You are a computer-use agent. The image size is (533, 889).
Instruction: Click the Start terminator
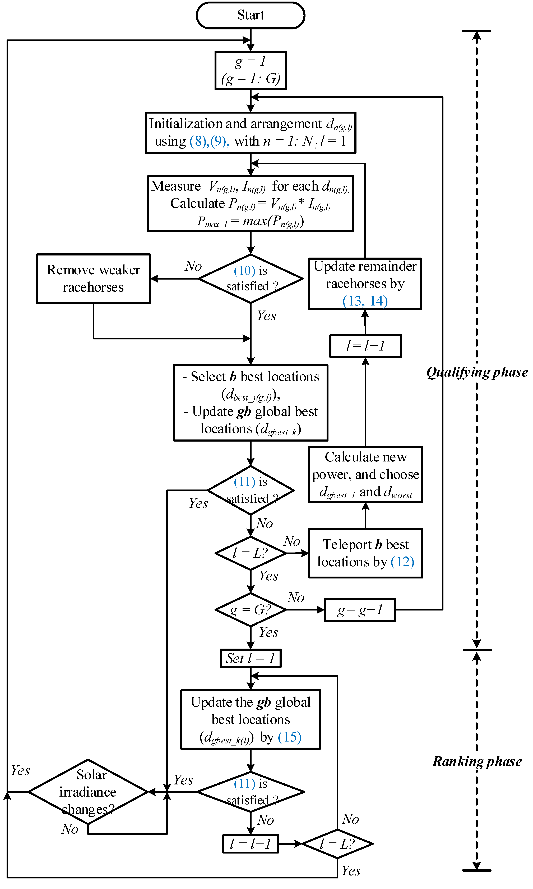250,15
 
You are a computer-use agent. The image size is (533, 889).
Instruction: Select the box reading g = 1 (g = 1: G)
250,70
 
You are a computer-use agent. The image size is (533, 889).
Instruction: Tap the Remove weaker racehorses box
93,279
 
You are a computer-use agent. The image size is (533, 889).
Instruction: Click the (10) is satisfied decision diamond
250,279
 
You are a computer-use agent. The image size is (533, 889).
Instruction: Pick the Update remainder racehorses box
365,284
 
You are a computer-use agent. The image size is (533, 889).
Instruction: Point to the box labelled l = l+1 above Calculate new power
365,346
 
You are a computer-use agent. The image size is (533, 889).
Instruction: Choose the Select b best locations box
250,403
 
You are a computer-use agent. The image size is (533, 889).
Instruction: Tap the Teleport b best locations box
365,553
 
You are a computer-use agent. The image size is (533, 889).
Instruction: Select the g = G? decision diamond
250,610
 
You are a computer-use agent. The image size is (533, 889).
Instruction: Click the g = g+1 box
360,610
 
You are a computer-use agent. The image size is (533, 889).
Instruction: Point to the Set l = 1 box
250,658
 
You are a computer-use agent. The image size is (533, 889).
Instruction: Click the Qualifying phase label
477,372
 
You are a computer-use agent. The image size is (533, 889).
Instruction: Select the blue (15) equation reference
289,737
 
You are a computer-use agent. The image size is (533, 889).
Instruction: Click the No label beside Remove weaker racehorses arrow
193,266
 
